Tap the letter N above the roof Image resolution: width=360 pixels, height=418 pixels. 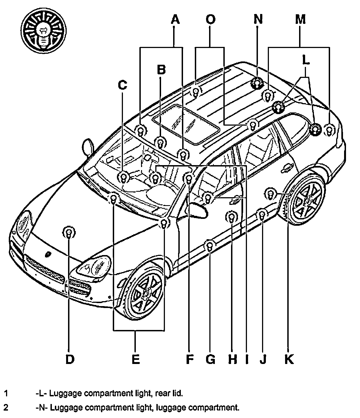[x=258, y=19]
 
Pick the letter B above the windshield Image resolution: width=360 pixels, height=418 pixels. [x=161, y=70]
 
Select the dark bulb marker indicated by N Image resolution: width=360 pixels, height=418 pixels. [x=257, y=83]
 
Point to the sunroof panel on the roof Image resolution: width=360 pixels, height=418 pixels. [x=185, y=125]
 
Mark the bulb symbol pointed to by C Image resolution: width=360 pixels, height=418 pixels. [x=124, y=177]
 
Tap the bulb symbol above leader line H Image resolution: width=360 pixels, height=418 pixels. [x=231, y=218]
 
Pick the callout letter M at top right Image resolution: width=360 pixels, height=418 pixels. [x=300, y=19]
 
